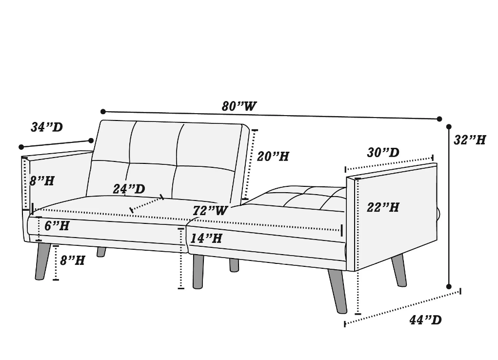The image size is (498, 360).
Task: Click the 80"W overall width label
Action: coord(239,106)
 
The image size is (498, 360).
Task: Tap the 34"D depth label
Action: coord(47,127)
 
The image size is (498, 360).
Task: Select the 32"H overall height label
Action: coord(470,140)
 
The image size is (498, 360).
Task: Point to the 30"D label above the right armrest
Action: coord(383,153)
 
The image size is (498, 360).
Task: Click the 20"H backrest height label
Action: coord(273,156)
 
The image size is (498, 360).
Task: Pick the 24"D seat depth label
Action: coord(129,189)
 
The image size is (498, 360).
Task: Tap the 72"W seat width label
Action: coord(211,210)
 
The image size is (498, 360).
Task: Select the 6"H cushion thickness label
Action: coord(57,226)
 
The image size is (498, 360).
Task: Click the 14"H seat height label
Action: coord(206,238)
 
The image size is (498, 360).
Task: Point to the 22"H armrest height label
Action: coord(383,207)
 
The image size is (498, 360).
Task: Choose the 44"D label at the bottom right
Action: coord(426,320)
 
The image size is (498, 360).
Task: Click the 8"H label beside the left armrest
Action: coord(42,181)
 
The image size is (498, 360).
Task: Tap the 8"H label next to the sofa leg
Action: coord(73,260)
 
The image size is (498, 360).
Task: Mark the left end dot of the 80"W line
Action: coord(103,112)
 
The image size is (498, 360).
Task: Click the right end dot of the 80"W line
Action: coord(439,119)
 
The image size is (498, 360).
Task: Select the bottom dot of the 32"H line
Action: coord(449,287)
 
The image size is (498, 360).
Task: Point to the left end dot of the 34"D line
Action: coord(21,147)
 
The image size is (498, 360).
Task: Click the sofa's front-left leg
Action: coord(42,261)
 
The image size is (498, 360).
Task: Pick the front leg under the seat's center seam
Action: coord(198,271)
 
